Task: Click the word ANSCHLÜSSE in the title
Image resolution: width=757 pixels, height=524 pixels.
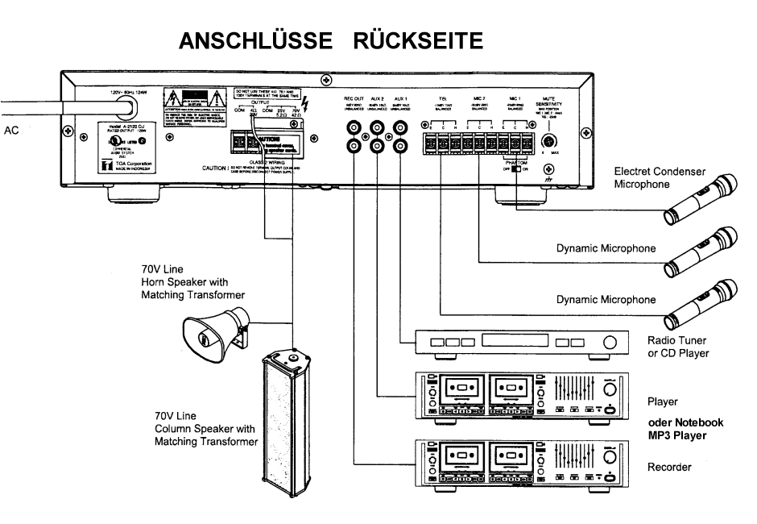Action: (x=249, y=40)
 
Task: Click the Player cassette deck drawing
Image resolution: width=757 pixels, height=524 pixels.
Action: (x=519, y=395)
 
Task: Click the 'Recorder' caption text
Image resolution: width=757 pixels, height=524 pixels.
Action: (x=668, y=467)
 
